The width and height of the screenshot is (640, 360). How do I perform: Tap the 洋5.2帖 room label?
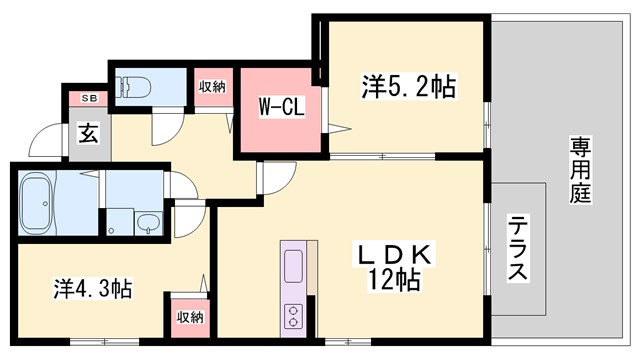pyautogui.click(x=408, y=88)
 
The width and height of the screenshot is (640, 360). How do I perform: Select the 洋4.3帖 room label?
pyautogui.click(x=92, y=289)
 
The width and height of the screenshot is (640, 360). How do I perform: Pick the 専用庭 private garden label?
pyautogui.click(x=582, y=169)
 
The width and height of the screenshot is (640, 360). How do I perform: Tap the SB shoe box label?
pyautogui.click(x=88, y=97)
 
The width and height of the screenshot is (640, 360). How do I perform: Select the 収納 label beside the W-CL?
pyautogui.click(x=212, y=86)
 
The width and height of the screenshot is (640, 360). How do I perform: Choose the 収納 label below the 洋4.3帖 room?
pyautogui.click(x=190, y=317)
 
